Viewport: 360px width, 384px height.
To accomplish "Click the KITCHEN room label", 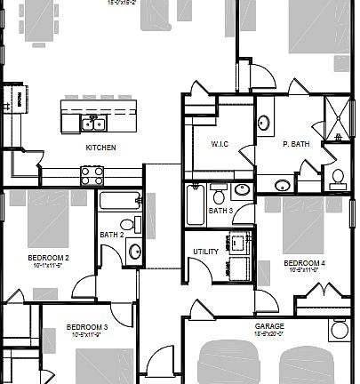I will pos(100,148).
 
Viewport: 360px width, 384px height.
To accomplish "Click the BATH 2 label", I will pos(111,235).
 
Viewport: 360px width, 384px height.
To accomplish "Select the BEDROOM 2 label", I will pos(49,257).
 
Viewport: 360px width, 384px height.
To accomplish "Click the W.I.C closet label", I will pos(220,144).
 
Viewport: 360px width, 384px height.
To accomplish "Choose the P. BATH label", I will pos(295,144).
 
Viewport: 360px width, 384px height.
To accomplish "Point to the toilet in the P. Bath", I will pos(336,180).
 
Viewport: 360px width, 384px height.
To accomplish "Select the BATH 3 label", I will pos(220,211).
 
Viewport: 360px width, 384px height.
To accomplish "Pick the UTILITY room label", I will pos(205,252).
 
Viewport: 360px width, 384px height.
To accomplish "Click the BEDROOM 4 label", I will pos(305,264).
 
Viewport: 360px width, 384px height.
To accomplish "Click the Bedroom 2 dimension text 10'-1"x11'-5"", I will pos(49,265).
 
